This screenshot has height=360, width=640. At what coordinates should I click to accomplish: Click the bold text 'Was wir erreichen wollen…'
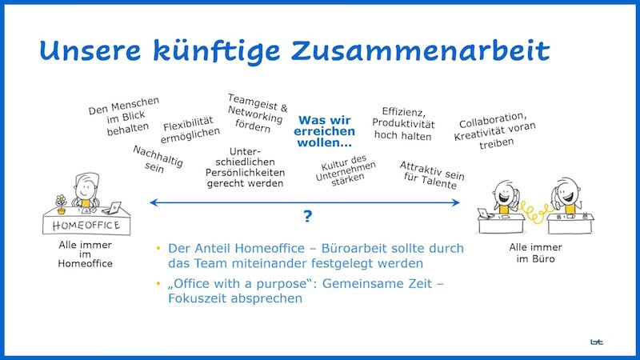(325, 131)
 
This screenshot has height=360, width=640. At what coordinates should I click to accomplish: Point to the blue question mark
(307, 217)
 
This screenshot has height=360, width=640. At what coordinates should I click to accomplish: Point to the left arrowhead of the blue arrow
(154, 203)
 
